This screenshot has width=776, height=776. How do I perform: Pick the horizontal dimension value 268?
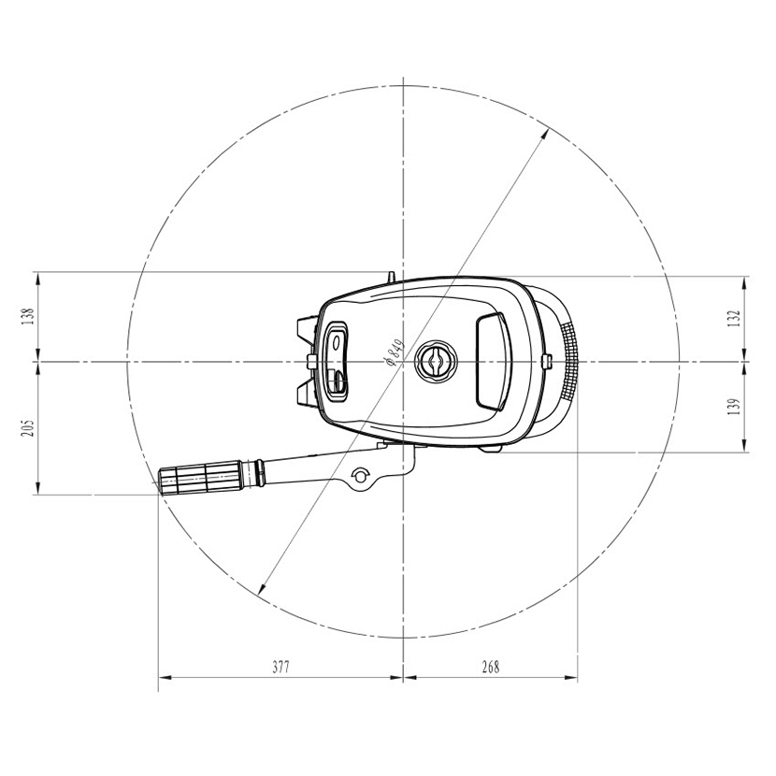[490, 668]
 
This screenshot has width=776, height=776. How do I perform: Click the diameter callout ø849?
[392, 354]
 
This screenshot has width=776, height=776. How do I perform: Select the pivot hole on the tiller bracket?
[357, 479]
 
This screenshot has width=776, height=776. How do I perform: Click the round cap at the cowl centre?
[436, 360]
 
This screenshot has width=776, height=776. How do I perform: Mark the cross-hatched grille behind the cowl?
[568, 359]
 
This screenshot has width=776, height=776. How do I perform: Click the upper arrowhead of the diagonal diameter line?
[544, 133]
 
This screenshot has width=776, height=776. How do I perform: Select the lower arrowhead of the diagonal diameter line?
[261, 589]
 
